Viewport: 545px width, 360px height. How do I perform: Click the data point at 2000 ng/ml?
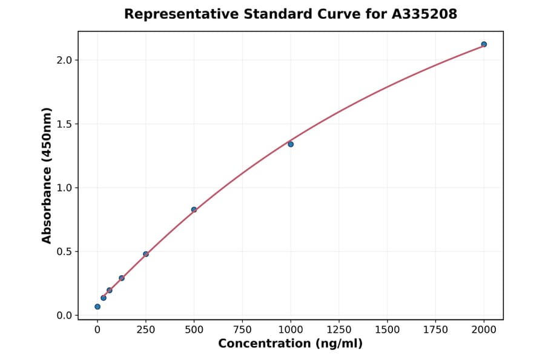click(x=484, y=44)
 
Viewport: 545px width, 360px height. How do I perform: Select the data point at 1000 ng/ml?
click(x=291, y=144)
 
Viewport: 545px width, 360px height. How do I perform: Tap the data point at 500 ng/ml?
click(x=194, y=210)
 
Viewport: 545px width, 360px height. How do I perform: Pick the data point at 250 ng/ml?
click(x=146, y=254)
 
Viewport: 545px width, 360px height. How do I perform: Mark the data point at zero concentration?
click(x=97, y=307)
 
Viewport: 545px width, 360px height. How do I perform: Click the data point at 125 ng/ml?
click(x=122, y=278)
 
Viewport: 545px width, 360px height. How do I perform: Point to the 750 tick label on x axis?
click(x=242, y=330)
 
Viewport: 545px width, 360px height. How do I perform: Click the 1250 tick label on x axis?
click(x=339, y=330)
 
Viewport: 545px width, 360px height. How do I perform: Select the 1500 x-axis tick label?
click(x=388, y=330)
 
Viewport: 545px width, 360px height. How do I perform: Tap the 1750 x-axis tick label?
click(x=436, y=330)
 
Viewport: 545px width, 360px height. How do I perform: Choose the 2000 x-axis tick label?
click(x=484, y=330)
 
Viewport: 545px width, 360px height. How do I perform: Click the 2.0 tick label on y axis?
click(x=64, y=60)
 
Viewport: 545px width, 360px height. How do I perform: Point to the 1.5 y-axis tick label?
click(x=64, y=124)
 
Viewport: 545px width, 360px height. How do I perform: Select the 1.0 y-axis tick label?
click(x=64, y=188)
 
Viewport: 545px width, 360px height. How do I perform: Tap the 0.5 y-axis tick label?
click(x=64, y=252)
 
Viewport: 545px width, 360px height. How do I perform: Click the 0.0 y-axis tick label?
click(x=64, y=316)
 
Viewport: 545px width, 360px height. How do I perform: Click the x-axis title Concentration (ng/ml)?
click(x=290, y=344)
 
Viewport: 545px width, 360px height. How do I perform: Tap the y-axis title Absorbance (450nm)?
click(x=47, y=175)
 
